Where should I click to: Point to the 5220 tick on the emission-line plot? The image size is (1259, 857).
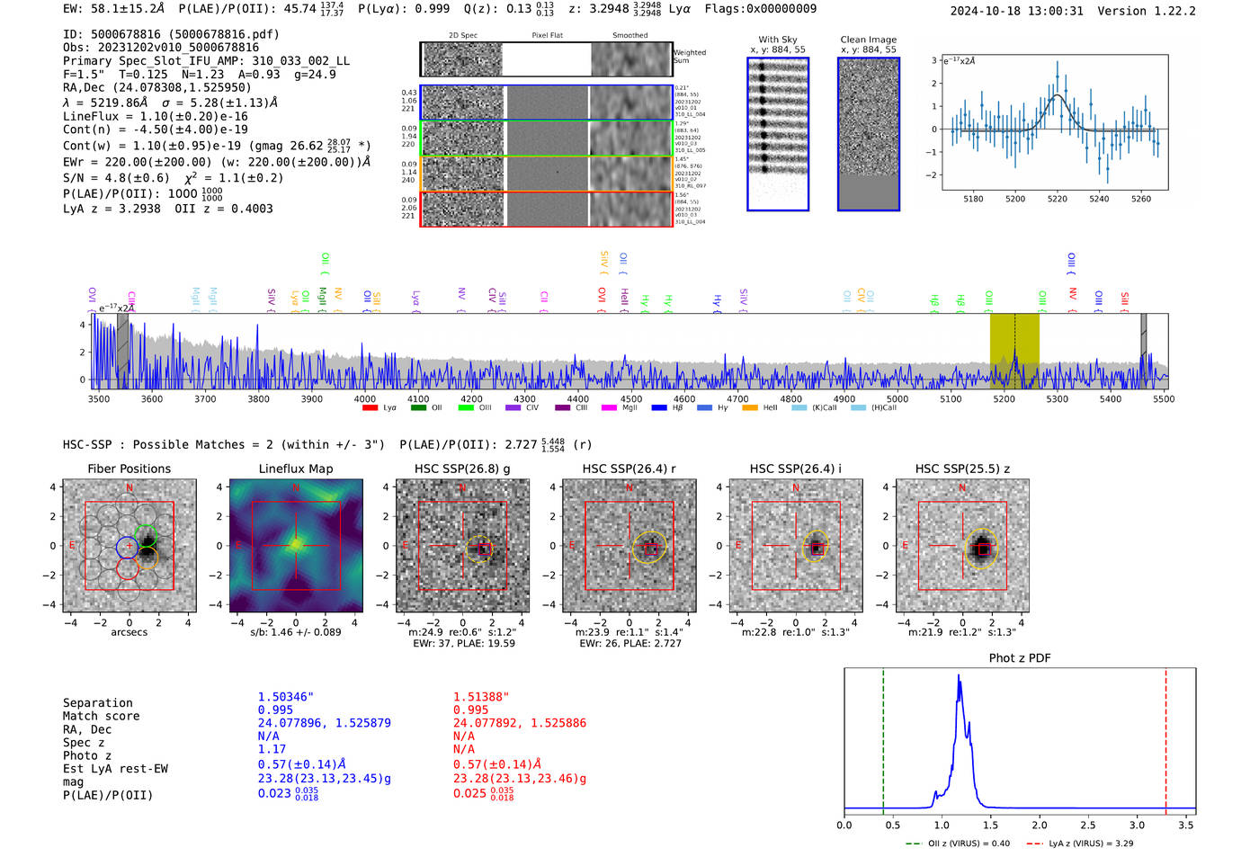click(1057, 199)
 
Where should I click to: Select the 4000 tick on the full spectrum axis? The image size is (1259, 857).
click(364, 398)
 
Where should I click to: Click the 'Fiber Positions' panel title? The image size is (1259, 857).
click(129, 469)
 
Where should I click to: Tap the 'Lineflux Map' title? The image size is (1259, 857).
click(295, 469)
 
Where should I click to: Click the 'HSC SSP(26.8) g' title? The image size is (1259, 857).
click(462, 469)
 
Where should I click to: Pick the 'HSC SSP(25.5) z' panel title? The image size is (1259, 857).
click(962, 469)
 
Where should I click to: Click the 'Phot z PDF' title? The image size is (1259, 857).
click(1020, 658)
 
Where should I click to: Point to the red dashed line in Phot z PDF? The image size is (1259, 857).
click(1165, 737)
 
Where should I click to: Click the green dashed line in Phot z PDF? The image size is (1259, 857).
click(883, 737)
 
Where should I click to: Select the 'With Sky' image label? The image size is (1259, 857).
click(777, 40)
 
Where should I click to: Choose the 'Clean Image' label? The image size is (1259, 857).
click(868, 40)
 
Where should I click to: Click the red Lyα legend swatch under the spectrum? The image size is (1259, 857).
click(370, 408)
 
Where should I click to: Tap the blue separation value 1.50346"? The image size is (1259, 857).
click(285, 697)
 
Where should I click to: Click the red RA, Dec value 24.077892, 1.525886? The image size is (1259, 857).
click(519, 723)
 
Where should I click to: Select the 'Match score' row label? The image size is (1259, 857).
click(101, 716)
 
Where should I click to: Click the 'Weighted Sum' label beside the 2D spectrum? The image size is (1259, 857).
click(689, 57)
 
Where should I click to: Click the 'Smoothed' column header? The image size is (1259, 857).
click(629, 35)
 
